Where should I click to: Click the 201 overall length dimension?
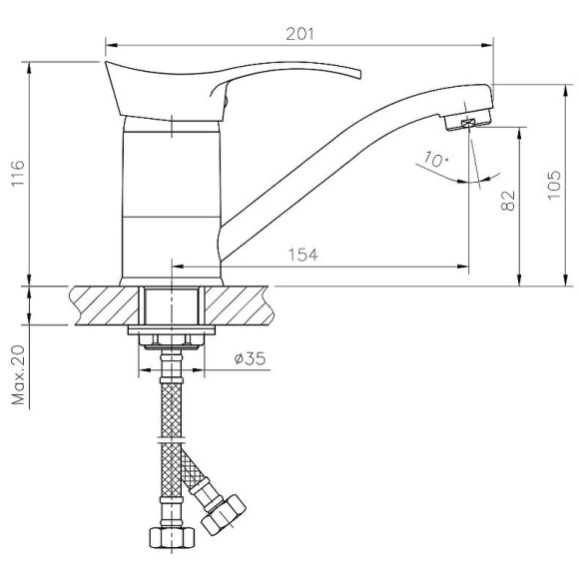pos(300,33)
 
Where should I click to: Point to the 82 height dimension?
pos(508,201)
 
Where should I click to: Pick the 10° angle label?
pos(434,160)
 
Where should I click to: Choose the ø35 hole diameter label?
pos(249,358)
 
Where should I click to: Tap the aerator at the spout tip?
pos(465,122)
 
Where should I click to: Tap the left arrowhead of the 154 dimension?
pos(179,267)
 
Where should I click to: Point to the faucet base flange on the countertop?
pos(172,280)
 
